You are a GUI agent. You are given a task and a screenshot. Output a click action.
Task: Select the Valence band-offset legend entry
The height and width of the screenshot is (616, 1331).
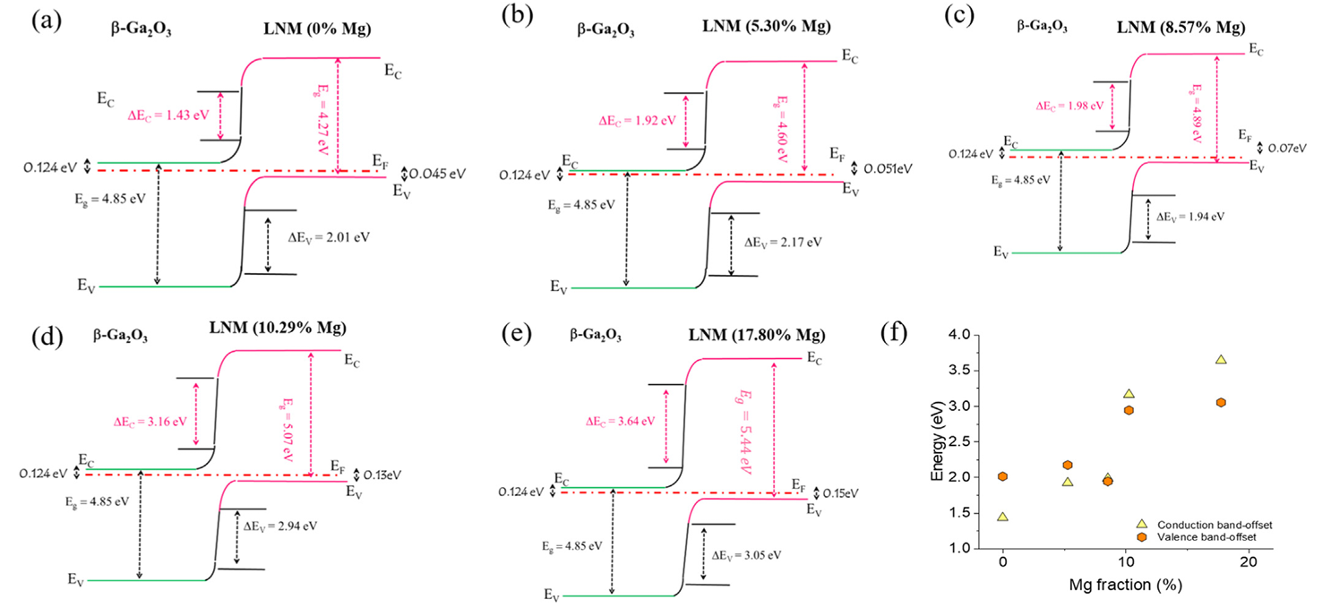pyautogui.click(x=1197, y=536)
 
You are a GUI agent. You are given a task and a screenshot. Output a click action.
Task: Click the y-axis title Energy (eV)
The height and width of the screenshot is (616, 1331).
pyautogui.click(x=937, y=441)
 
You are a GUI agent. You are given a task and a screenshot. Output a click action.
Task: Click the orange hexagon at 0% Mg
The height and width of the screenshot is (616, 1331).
pyautogui.click(x=1003, y=476)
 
